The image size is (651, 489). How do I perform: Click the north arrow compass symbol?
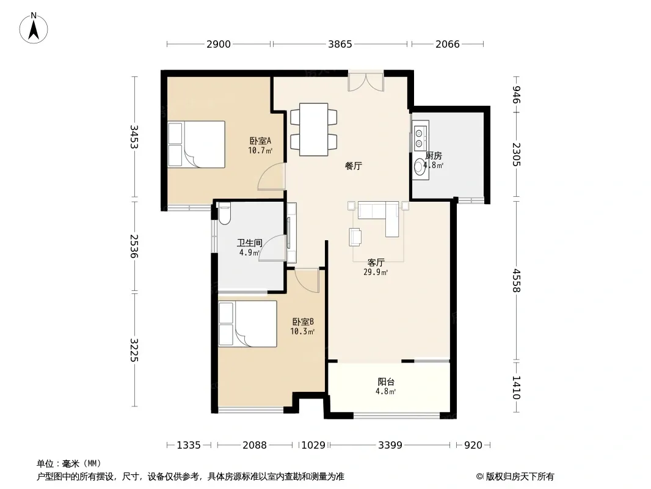[x=33, y=28]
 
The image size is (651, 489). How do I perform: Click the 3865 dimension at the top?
[x=340, y=44]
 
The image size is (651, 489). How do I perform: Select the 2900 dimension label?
[x=219, y=44]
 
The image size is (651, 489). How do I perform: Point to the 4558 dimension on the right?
[x=516, y=281]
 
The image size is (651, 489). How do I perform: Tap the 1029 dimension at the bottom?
[x=313, y=446]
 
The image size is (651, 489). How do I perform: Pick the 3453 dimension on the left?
[x=134, y=137]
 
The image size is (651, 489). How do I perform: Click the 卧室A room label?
[x=260, y=141]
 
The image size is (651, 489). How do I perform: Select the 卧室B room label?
[x=303, y=322]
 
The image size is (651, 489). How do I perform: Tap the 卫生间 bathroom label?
[x=250, y=243]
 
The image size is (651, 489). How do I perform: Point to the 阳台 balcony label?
[x=386, y=381]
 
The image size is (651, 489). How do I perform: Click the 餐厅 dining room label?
[x=354, y=166]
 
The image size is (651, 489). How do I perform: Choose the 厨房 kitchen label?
[x=434, y=156]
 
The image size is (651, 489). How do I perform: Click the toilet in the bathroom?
[x=224, y=213]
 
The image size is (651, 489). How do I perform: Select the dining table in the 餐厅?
[x=313, y=130]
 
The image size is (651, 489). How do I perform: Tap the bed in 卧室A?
[x=197, y=144]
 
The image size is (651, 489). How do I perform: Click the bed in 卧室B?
[x=247, y=323]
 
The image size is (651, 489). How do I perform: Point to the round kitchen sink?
[x=420, y=167]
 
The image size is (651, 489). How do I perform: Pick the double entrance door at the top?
[x=366, y=82]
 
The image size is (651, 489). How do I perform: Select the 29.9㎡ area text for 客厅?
[x=376, y=273]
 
